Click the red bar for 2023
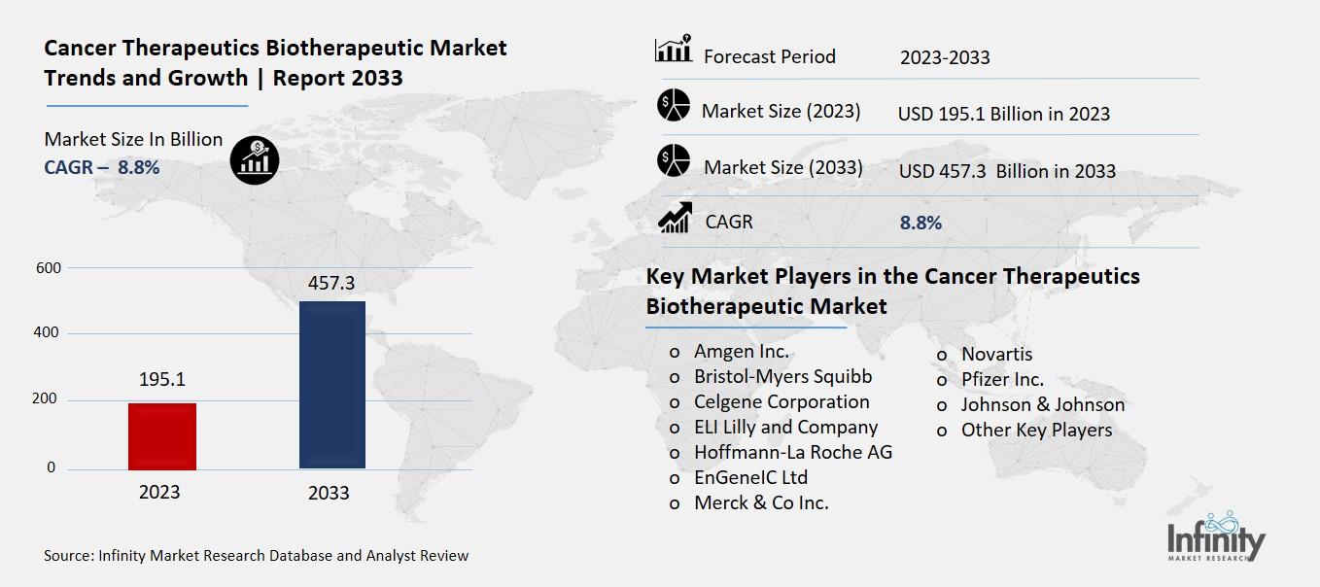(x=162, y=436)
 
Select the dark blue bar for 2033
(x=331, y=385)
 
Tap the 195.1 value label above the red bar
(x=161, y=379)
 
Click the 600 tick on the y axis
(x=48, y=268)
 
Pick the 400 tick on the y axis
(x=48, y=333)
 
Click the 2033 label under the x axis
(x=329, y=493)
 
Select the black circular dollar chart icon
(x=255, y=158)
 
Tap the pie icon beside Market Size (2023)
(x=673, y=105)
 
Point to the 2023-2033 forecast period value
(x=945, y=57)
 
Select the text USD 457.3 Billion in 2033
(x=1007, y=171)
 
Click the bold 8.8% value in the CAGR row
(x=921, y=223)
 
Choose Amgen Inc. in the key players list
(x=742, y=352)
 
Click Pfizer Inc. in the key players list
(x=1002, y=380)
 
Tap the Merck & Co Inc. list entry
(x=761, y=503)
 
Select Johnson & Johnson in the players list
(x=1043, y=405)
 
